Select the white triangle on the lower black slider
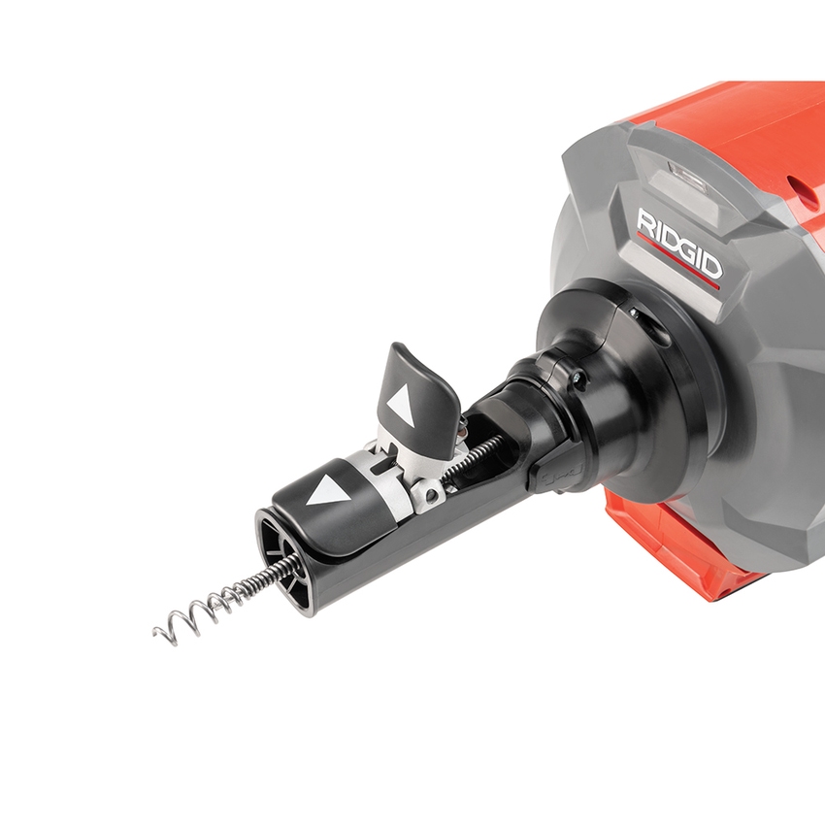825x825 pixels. (x=326, y=492)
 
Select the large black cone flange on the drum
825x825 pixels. (x=670, y=408)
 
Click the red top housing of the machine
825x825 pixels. (x=738, y=126)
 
